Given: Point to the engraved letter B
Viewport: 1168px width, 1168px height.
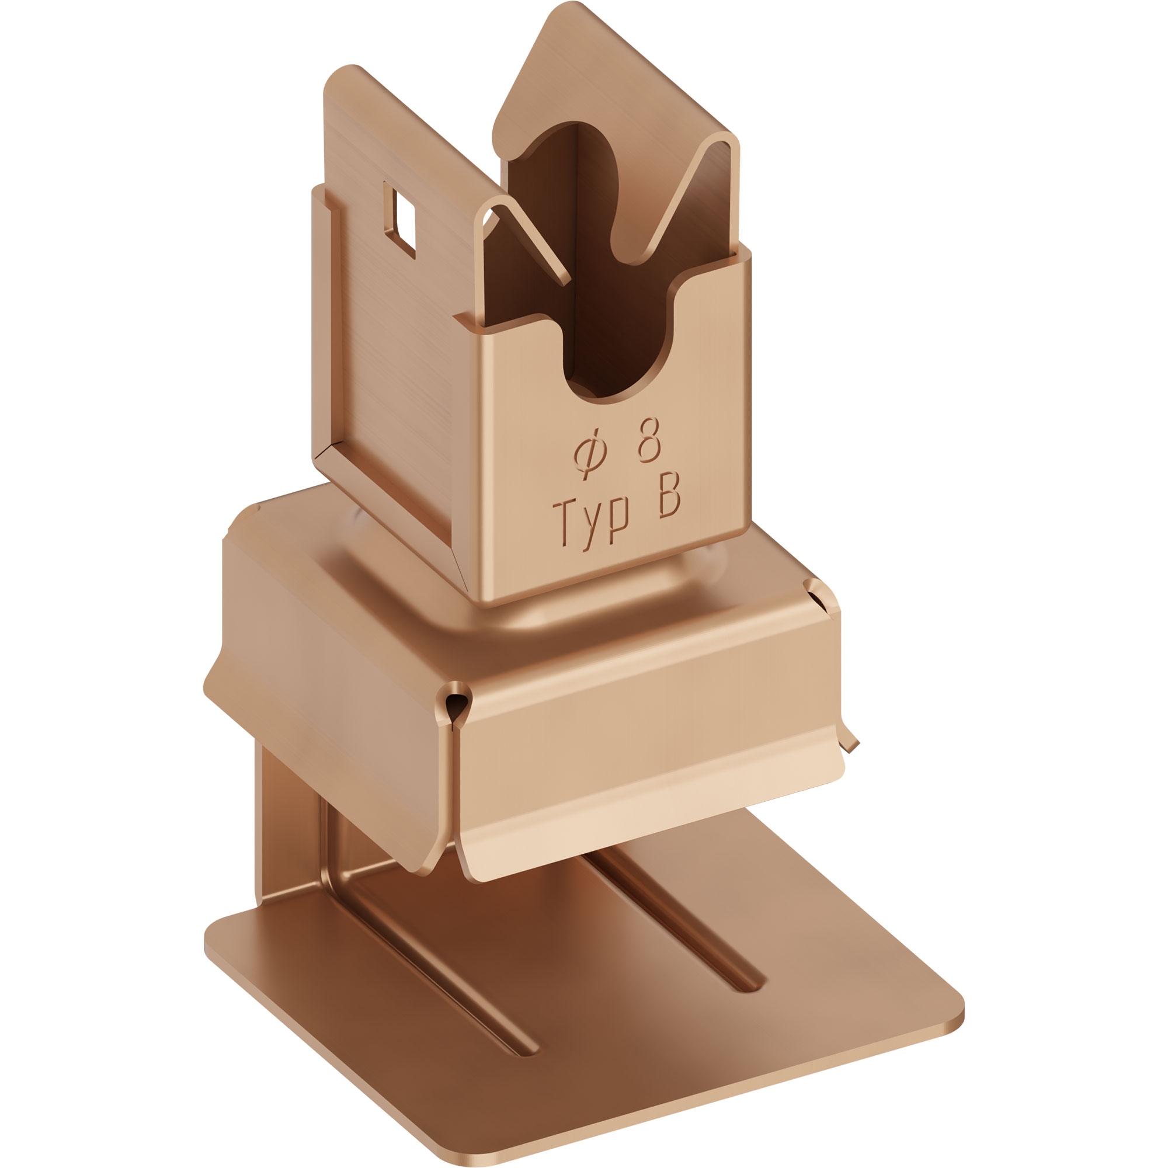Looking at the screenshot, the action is pos(669,495).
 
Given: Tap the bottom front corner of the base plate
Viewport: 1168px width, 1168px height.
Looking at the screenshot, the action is pos(478,1157).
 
